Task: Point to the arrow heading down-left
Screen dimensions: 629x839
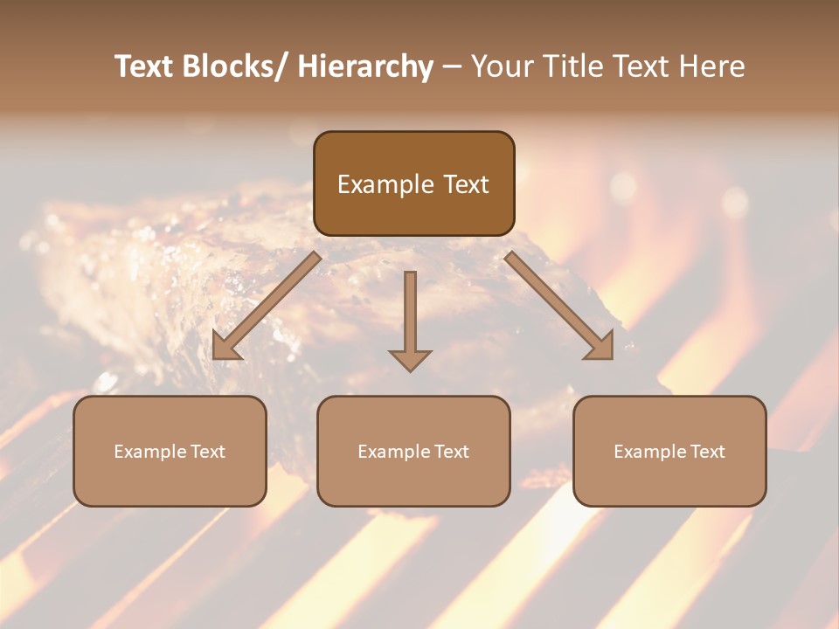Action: point(267,306)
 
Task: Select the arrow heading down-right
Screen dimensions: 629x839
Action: point(559,306)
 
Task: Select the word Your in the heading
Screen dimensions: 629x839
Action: point(501,66)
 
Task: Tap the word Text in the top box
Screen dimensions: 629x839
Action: point(465,184)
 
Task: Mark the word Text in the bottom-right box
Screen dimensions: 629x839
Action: point(707,452)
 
